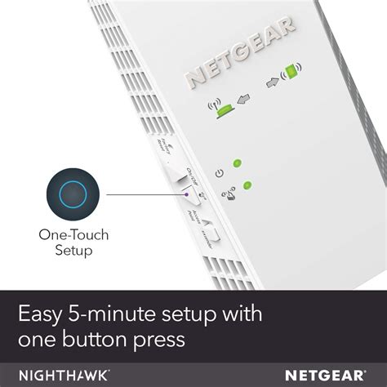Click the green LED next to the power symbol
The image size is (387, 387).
238,164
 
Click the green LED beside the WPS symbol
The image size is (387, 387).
247,186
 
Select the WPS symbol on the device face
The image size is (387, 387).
229,194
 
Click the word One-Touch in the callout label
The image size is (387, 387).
73,235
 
